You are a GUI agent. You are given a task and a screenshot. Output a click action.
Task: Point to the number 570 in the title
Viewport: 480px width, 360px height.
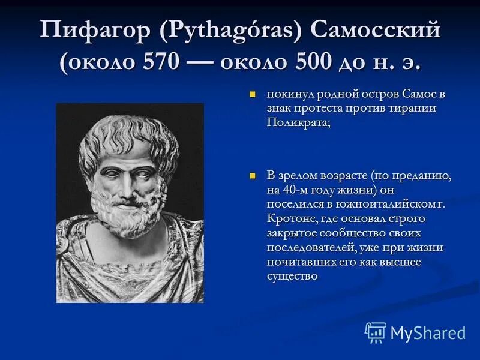pyautogui.click(x=160, y=62)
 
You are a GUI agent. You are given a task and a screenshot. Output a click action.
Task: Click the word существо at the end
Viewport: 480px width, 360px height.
pyautogui.click(x=292, y=276)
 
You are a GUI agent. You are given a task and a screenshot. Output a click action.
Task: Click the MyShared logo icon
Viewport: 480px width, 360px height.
pyautogui.click(x=376, y=332)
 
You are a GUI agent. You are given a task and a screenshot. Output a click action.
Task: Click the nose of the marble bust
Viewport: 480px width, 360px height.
pyautogui.click(x=127, y=182)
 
